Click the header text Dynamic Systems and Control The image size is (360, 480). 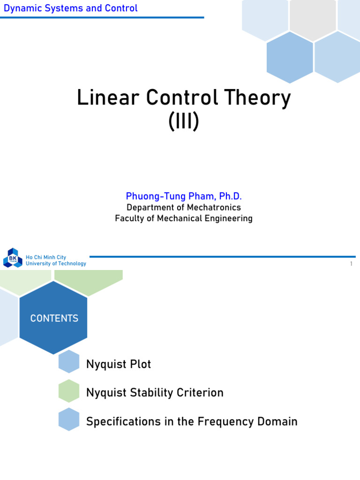[71, 8]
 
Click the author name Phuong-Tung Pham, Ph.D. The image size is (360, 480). [184, 196]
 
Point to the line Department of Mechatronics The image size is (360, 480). [184, 207]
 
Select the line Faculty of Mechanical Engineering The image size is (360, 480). [184, 218]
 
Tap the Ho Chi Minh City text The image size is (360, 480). [46, 257]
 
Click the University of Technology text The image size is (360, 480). [56, 263]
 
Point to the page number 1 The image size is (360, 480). [351, 264]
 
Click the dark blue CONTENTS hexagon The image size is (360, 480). [54, 318]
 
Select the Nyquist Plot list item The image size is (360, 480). [119, 364]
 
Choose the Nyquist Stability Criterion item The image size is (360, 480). [155, 393]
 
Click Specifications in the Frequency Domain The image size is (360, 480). [192, 421]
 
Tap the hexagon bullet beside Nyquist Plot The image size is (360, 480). [69, 362]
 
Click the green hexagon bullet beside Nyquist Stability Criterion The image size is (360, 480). [69, 391]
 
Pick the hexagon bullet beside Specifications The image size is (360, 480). [69, 420]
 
